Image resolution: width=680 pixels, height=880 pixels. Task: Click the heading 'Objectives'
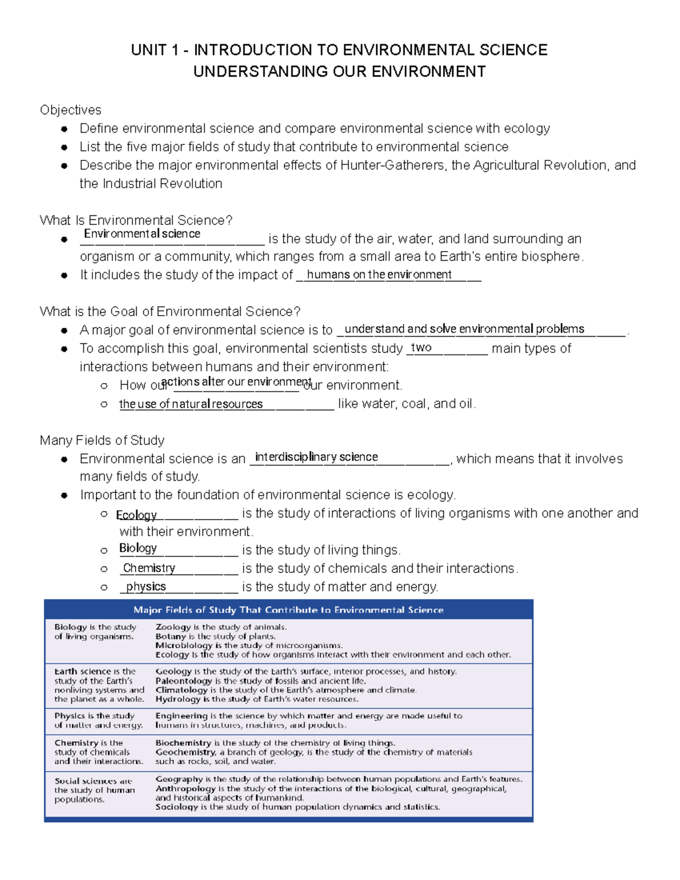[70, 110]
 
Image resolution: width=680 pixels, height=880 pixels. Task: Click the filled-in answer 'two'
[421, 347]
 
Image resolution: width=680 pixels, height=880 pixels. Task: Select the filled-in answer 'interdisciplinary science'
[316, 457]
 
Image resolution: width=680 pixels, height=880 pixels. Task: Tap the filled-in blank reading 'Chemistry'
[149, 568]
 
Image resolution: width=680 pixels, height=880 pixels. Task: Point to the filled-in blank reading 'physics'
[146, 586]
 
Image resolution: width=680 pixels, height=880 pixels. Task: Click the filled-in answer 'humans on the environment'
[379, 275]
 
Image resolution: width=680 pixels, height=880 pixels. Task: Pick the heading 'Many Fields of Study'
[102, 440]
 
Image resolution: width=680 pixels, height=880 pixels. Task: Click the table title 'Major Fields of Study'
[288, 610]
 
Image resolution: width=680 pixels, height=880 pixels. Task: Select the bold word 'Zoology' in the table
[173, 627]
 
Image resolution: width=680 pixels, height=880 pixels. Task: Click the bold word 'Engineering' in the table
[181, 716]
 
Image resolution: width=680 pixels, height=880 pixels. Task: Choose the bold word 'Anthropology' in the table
[185, 788]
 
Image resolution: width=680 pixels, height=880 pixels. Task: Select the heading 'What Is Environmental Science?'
[136, 220]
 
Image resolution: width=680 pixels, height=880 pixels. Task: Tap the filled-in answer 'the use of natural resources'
[191, 404]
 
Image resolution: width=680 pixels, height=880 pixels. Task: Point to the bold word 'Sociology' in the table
[177, 807]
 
